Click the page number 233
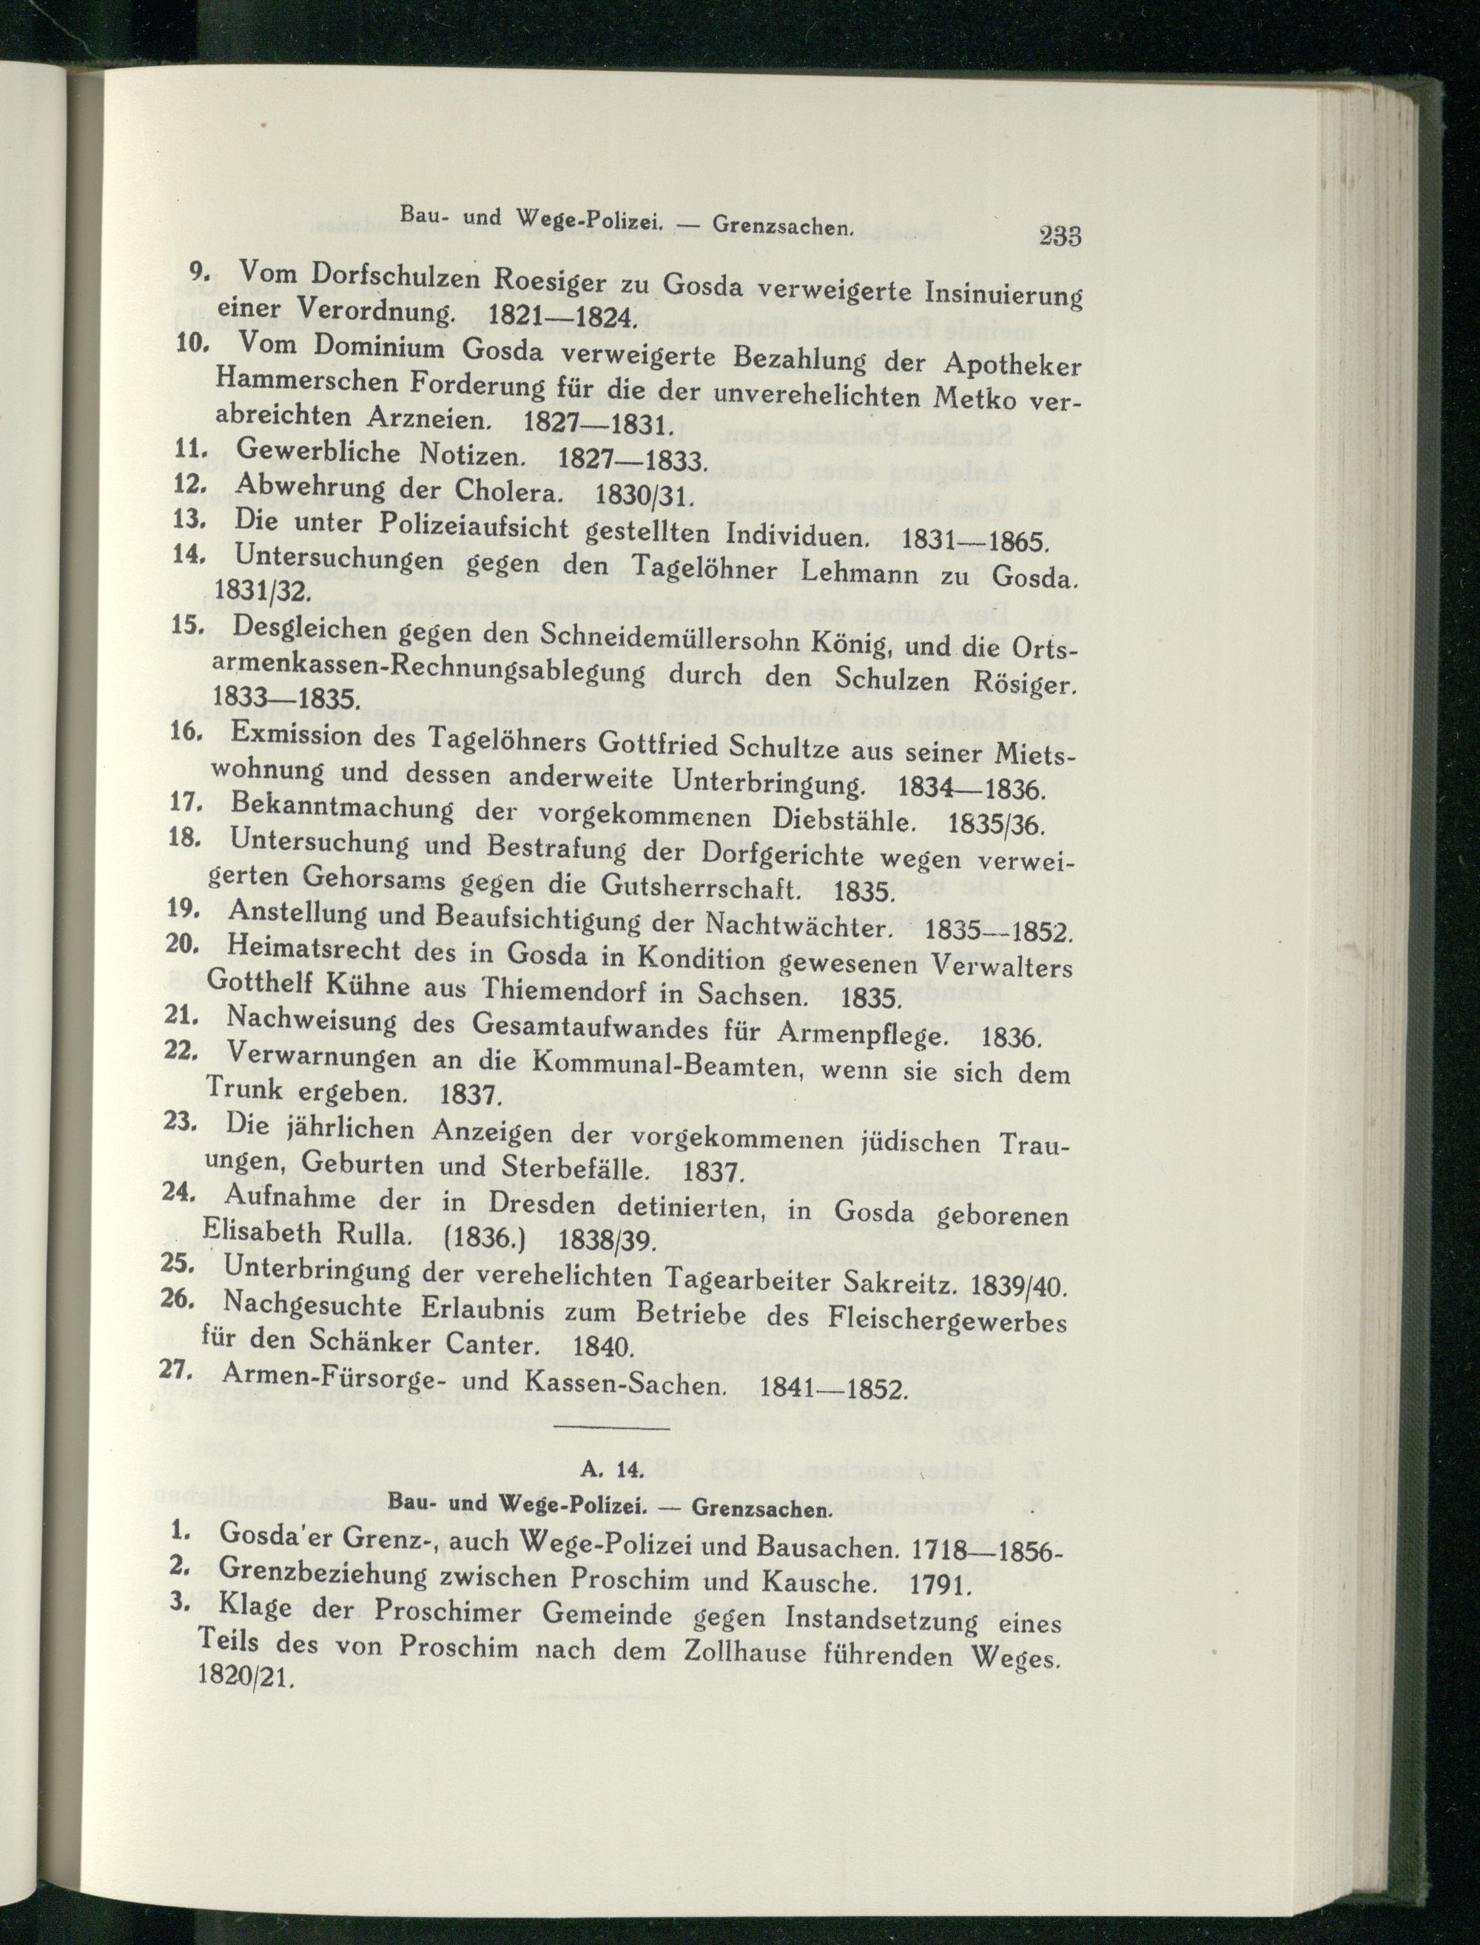pos(1059,237)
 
